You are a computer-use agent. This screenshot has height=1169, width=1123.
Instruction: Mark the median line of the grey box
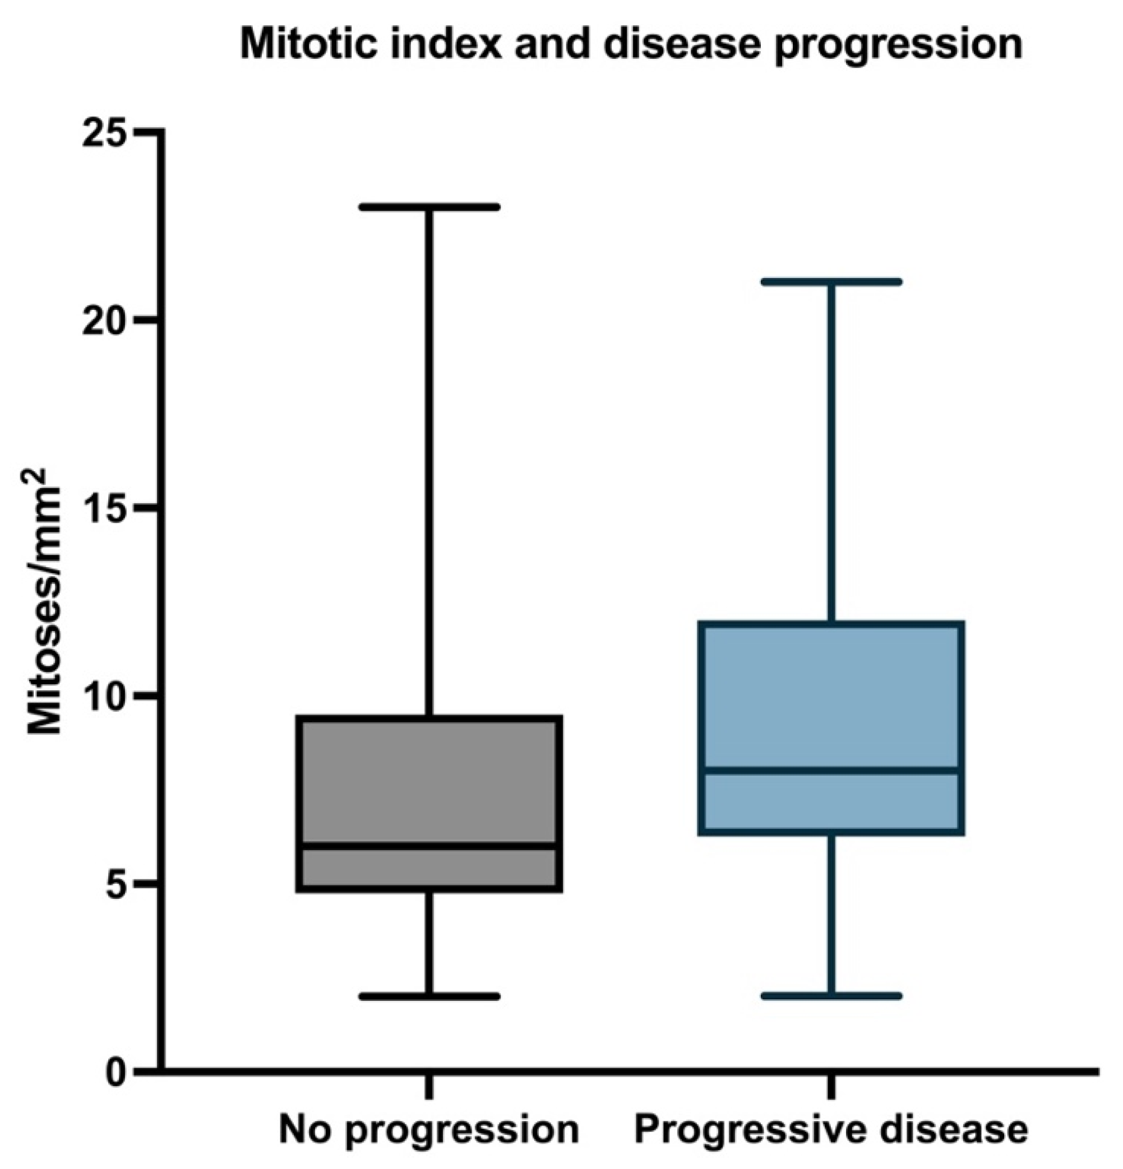[x=429, y=846]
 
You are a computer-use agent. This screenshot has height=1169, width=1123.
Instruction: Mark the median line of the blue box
[x=833, y=771]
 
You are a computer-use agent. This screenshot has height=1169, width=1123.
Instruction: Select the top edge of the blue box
[x=833, y=624]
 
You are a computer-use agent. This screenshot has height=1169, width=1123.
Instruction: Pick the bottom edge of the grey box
[x=429, y=889]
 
